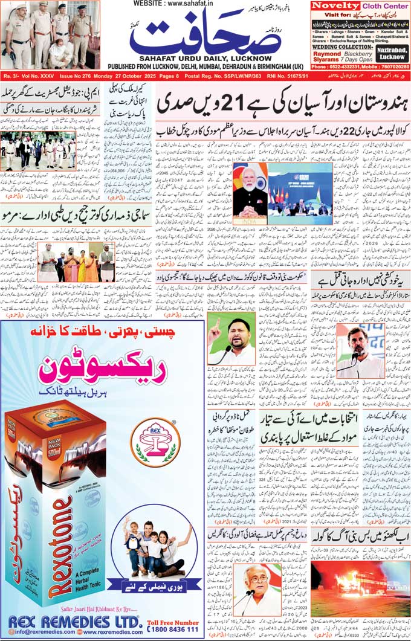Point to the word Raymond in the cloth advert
click(327, 53)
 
